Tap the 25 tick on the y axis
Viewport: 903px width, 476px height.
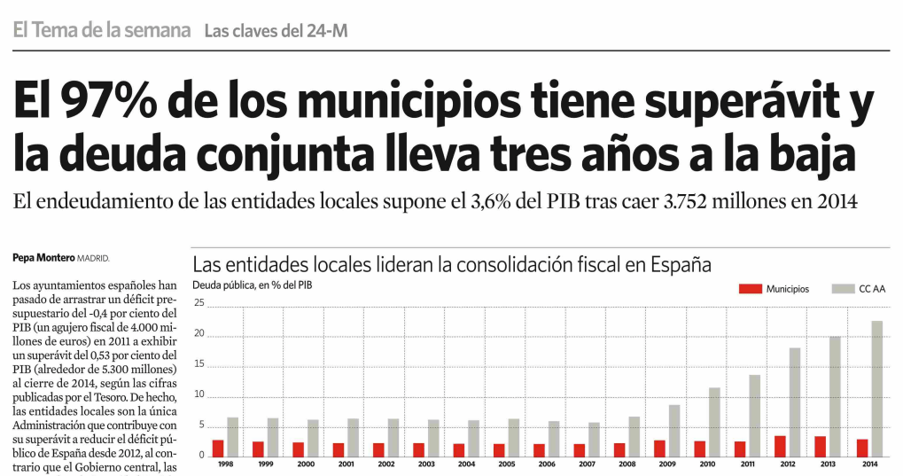199,304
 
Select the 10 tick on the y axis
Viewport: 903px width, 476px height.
199,395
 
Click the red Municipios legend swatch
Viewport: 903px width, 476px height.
750,289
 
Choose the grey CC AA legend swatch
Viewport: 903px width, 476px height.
840,289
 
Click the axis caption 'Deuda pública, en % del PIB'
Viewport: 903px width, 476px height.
252,285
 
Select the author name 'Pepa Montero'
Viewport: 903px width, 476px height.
43,258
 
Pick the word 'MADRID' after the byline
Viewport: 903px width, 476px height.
93,258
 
